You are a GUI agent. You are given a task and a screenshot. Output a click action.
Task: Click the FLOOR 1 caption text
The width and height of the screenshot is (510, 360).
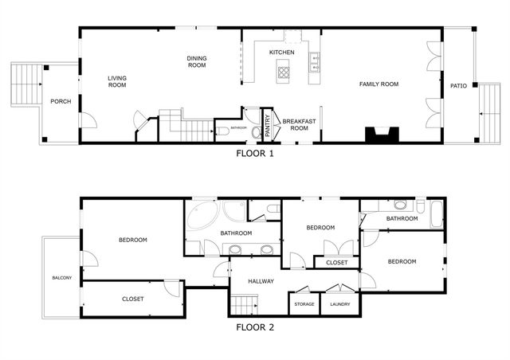click(x=255, y=154)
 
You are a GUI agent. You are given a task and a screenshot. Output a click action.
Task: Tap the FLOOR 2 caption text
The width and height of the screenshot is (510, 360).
click(x=255, y=327)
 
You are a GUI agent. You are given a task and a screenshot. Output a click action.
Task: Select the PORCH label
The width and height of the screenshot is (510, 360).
click(x=61, y=101)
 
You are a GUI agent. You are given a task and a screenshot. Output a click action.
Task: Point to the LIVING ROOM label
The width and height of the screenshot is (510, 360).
click(x=118, y=81)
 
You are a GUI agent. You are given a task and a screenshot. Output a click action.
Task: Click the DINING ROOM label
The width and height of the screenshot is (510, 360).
click(x=197, y=62)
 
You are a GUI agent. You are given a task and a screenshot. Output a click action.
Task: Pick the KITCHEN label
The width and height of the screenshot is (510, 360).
click(x=281, y=53)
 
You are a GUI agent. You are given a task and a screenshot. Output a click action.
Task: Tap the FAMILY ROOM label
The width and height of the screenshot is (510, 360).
click(x=379, y=84)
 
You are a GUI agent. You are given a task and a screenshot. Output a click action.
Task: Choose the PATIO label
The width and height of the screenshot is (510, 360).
click(x=458, y=86)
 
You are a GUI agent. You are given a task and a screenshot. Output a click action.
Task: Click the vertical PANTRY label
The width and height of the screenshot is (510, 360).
click(x=268, y=126)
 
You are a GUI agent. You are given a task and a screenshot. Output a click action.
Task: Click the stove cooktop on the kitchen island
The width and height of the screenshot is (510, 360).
click(x=284, y=73)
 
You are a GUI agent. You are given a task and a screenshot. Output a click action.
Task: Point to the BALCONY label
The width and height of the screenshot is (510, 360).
click(x=62, y=278)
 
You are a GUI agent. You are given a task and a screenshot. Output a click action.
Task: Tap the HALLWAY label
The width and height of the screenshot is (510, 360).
click(x=261, y=281)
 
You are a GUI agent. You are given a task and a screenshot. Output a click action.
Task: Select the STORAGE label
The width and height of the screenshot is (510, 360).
click(x=304, y=304)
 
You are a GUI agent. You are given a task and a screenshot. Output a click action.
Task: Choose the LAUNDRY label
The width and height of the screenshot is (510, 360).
click(x=340, y=304)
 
